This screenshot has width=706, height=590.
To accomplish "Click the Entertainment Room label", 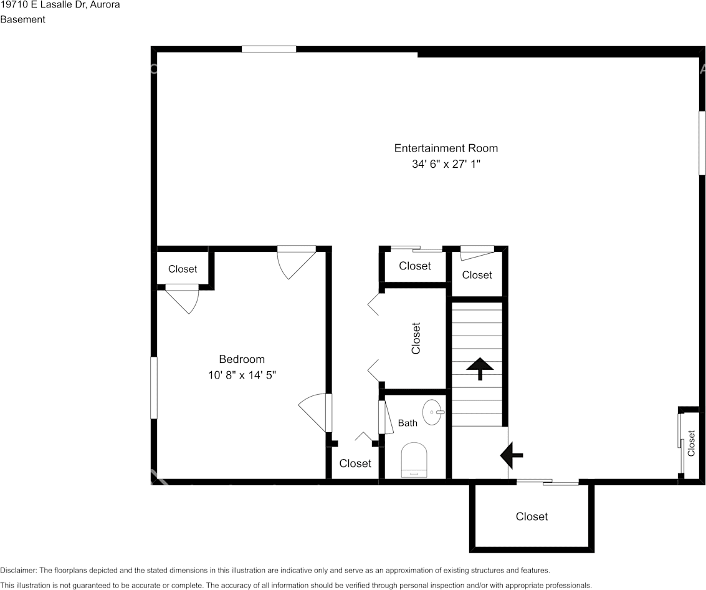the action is point(446,148).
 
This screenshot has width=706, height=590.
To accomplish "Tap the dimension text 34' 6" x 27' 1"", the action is point(446,164).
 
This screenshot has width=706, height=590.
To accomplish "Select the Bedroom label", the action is point(242,359).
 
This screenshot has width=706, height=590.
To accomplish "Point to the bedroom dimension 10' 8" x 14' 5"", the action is point(242,375).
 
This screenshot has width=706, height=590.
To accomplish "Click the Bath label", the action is point(408,423).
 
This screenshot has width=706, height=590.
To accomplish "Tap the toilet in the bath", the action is point(414,460).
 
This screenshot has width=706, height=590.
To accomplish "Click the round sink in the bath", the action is point(433,412).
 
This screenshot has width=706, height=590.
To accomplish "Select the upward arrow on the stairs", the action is point(480,369).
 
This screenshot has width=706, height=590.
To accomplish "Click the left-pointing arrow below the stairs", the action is point(512,455).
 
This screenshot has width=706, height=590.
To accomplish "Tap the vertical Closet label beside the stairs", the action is point(416,338).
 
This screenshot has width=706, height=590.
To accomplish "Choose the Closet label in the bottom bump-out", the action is point(532,516).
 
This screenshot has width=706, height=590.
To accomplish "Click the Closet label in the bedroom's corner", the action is point(183,269).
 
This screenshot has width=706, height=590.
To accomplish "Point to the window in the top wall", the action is point(269,49).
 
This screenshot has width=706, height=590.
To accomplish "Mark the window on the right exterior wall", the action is point(702,143).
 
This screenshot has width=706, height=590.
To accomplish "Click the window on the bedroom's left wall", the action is point(154,388).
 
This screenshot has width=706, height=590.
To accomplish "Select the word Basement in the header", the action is point(22,19).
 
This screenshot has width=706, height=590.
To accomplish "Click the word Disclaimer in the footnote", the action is point(18,570).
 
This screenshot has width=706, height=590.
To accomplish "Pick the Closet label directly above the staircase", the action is point(477,275).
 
